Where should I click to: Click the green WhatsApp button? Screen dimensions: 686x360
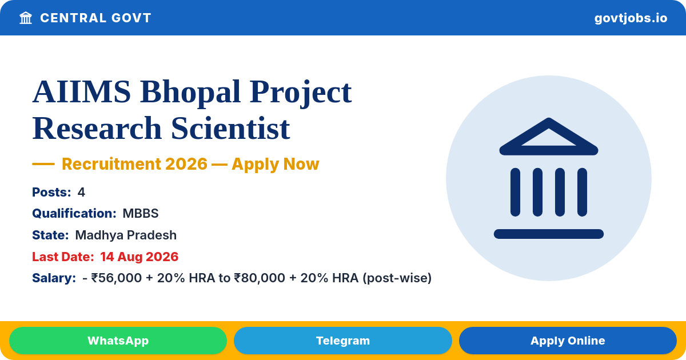tap(118, 341)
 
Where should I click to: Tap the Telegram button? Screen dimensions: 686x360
tap(342, 341)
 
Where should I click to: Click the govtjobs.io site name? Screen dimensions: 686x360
tap(631, 18)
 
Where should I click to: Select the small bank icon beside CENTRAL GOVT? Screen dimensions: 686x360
tap(26, 18)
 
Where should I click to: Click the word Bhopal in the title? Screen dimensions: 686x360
tap(190, 92)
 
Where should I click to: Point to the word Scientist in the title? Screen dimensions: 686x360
tap(230, 128)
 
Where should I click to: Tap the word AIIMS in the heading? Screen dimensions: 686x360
tap(82, 92)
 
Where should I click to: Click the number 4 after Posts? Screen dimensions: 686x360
tap(81, 192)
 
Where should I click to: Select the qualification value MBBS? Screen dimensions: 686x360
tap(141, 213)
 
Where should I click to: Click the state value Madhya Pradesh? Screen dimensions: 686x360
tap(126, 235)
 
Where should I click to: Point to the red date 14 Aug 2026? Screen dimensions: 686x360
tap(139, 257)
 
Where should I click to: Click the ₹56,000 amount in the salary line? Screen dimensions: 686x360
tap(117, 278)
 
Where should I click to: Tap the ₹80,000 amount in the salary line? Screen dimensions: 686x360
tap(260, 278)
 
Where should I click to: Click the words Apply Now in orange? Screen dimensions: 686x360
tap(276, 164)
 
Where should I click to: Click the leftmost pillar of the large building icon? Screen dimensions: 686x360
tap(516, 192)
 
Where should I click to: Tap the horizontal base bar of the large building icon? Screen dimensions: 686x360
tap(549, 234)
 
